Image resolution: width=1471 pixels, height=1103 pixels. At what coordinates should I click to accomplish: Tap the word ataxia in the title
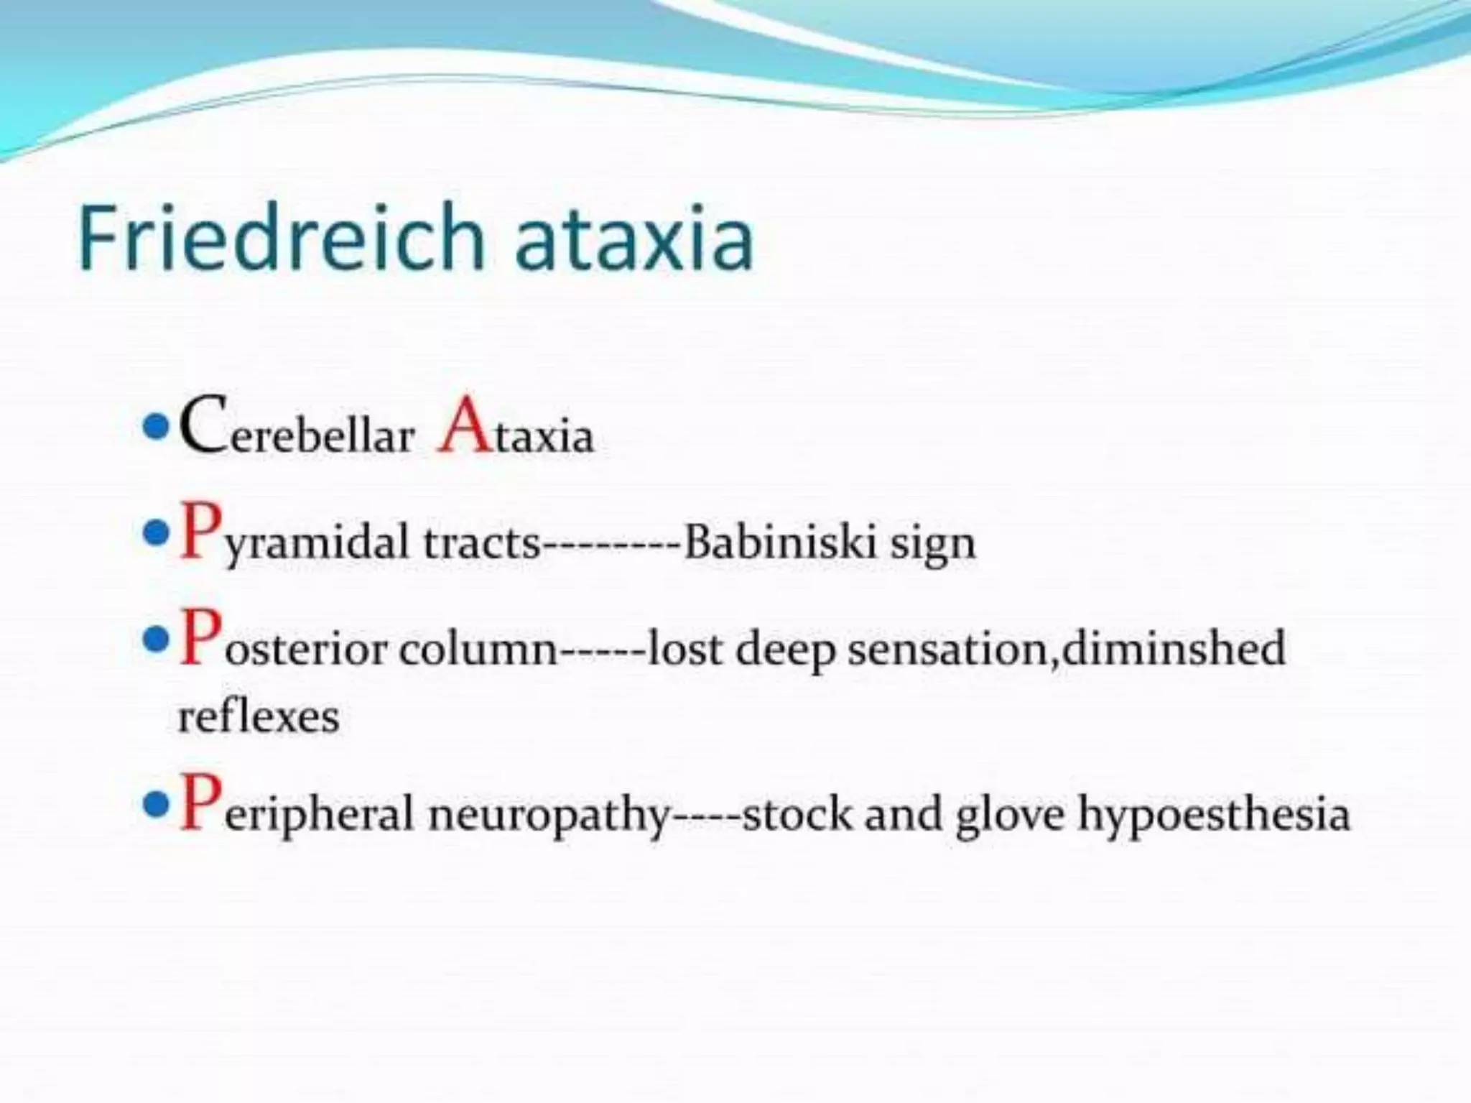(x=634, y=236)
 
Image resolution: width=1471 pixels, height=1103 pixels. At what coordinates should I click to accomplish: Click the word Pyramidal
(x=294, y=539)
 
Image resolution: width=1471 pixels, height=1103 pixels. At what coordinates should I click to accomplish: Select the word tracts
(x=481, y=542)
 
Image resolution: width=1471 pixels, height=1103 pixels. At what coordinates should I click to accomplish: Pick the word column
(x=478, y=648)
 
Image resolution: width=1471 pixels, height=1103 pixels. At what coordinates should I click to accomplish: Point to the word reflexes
(x=258, y=716)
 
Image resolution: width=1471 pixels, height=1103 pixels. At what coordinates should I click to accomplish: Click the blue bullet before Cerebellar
(x=154, y=429)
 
